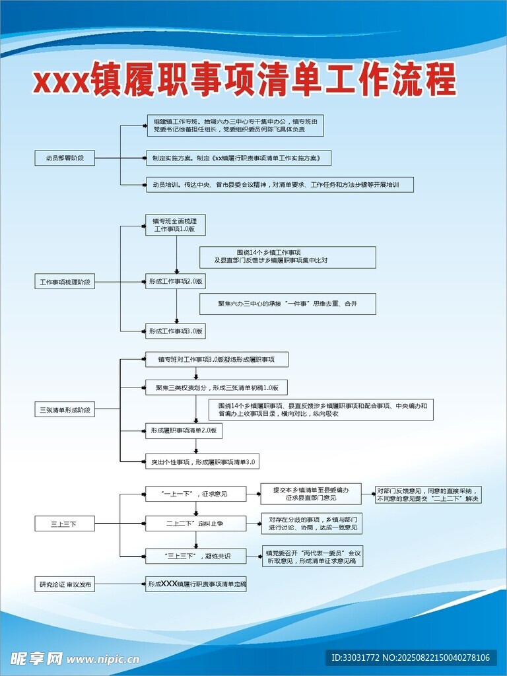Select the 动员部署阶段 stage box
pyautogui.click(x=65, y=158)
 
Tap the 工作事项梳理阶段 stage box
pyautogui.click(x=65, y=282)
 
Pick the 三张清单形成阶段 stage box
pyautogui.click(x=65, y=410)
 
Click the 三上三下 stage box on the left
pyautogui.click(x=65, y=524)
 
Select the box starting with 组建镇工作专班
pyautogui.click(x=235, y=125)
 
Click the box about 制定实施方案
pyautogui.click(x=238, y=158)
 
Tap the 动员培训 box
pyautogui.click(x=280, y=184)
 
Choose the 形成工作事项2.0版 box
pyautogui.click(x=176, y=282)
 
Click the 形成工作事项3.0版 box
pyautogui.click(x=176, y=331)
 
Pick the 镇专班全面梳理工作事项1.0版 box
pyautogui.click(x=176, y=224)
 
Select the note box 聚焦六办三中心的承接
pyautogui.click(x=288, y=304)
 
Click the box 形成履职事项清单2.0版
pyautogui.click(x=184, y=431)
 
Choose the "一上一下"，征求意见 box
pyautogui.click(x=195, y=493)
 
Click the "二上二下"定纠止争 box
pyautogui.click(x=195, y=524)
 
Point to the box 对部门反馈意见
pyautogui.click(x=428, y=494)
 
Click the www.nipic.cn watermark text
pyautogui.click(x=104, y=658)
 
